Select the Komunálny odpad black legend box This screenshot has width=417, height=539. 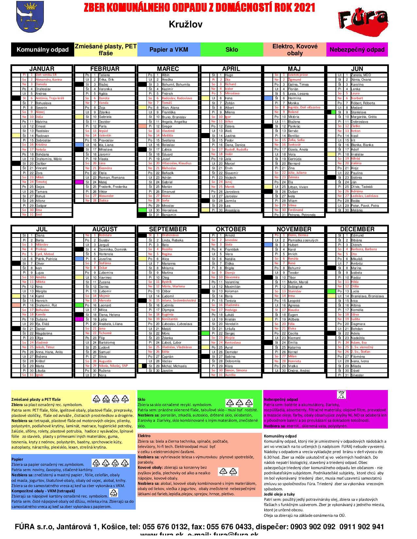[43, 50]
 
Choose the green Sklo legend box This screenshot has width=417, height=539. [232, 50]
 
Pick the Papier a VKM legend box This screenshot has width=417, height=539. [168, 50]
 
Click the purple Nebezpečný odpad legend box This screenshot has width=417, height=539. [357, 50]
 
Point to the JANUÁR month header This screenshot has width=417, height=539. [42, 69]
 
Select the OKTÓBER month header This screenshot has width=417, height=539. [231, 229]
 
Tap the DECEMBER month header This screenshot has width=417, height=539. [357, 229]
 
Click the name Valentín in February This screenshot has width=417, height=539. [105, 135]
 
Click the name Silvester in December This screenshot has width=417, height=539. [357, 375]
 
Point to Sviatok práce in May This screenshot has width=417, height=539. [298, 75]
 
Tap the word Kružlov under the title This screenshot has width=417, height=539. [185, 24]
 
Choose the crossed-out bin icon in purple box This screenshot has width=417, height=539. [341, 395]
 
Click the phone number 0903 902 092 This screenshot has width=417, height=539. [313, 527]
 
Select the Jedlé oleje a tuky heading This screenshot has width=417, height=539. [279, 494]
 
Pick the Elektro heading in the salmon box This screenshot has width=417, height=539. [144, 436]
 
